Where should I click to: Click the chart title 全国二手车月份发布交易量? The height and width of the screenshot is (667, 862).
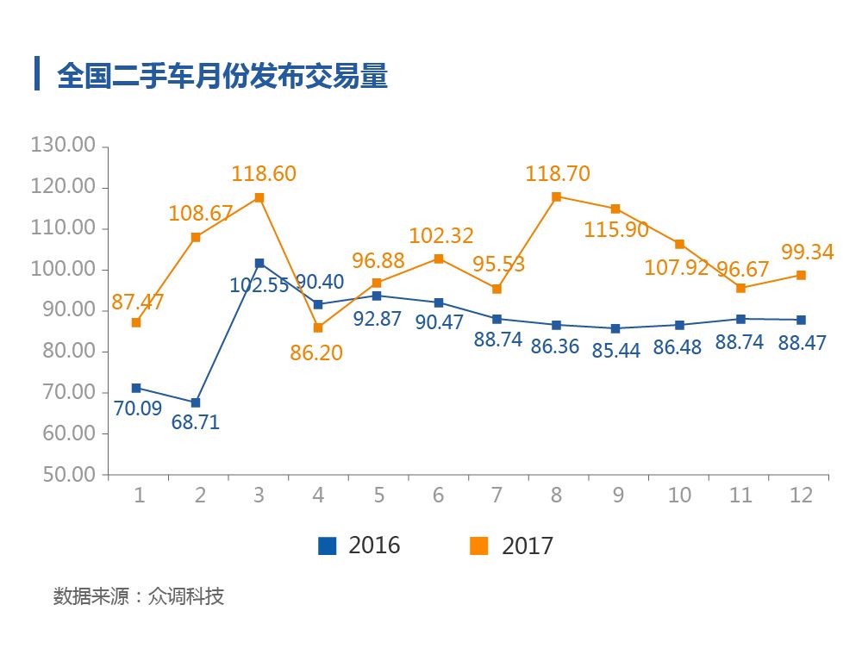pyautogui.click(x=222, y=75)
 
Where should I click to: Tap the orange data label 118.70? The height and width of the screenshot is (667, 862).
pyautogui.click(x=558, y=173)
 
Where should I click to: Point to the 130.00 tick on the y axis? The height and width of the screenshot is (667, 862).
pyautogui.click(x=62, y=145)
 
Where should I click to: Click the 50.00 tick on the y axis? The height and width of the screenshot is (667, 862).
pyautogui.click(x=62, y=475)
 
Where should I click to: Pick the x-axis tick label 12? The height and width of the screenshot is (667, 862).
pyautogui.click(x=802, y=496)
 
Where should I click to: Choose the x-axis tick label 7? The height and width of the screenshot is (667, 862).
pyautogui.click(x=497, y=496)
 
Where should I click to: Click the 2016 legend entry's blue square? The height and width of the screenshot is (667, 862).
pyautogui.click(x=327, y=545)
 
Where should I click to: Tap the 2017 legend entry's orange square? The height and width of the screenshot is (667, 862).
pyautogui.click(x=478, y=545)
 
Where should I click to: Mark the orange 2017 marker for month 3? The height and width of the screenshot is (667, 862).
pyautogui.click(x=259, y=197)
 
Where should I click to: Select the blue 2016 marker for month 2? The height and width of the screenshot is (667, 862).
pyautogui.click(x=197, y=402)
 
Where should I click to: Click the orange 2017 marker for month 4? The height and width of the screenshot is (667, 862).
pyautogui.click(x=318, y=327)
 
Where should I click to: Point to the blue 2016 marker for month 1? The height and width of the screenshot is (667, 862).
pyautogui.click(x=136, y=388)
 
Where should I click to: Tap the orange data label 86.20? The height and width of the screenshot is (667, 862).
pyautogui.click(x=316, y=352)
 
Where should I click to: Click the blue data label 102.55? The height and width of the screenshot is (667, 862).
pyautogui.click(x=259, y=285)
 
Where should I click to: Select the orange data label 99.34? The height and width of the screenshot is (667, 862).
pyautogui.click(x=807, y=252)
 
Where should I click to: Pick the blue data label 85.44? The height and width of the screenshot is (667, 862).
pyautogui.click(x=616, y=351)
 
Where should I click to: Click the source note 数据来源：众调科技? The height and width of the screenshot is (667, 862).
pyautogui.click(x=139, y=596)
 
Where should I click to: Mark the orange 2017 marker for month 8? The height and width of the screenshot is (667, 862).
pyautogui.click(x=556, y=196)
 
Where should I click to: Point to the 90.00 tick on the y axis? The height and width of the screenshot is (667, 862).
pyautogui.click(x=62, y=310)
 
